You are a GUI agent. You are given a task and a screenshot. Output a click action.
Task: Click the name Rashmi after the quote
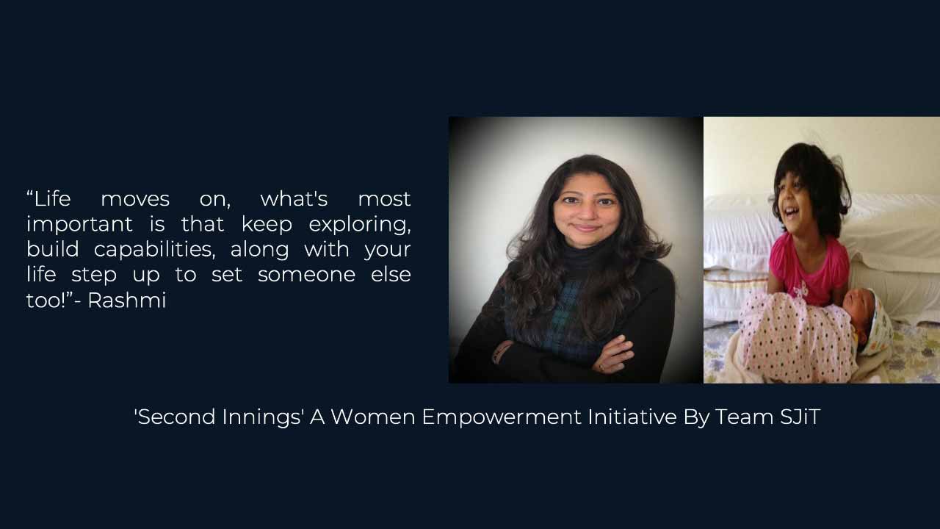tap(127, 300)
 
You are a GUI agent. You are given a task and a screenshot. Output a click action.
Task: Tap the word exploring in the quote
tap(360, 225)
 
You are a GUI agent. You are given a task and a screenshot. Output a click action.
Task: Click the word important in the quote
tap(79, 225)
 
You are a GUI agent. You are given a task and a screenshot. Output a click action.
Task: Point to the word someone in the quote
tap(306, 275)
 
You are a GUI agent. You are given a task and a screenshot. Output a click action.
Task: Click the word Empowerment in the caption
tap(502, 417)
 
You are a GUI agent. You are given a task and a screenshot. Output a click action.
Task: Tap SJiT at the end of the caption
tap(800, 417)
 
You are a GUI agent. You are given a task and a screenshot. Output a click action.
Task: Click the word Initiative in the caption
tap(632, 417)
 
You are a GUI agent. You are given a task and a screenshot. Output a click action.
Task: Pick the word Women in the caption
tap(373, 417)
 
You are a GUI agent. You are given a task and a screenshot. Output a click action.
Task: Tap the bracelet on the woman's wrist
tap(500, 351)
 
